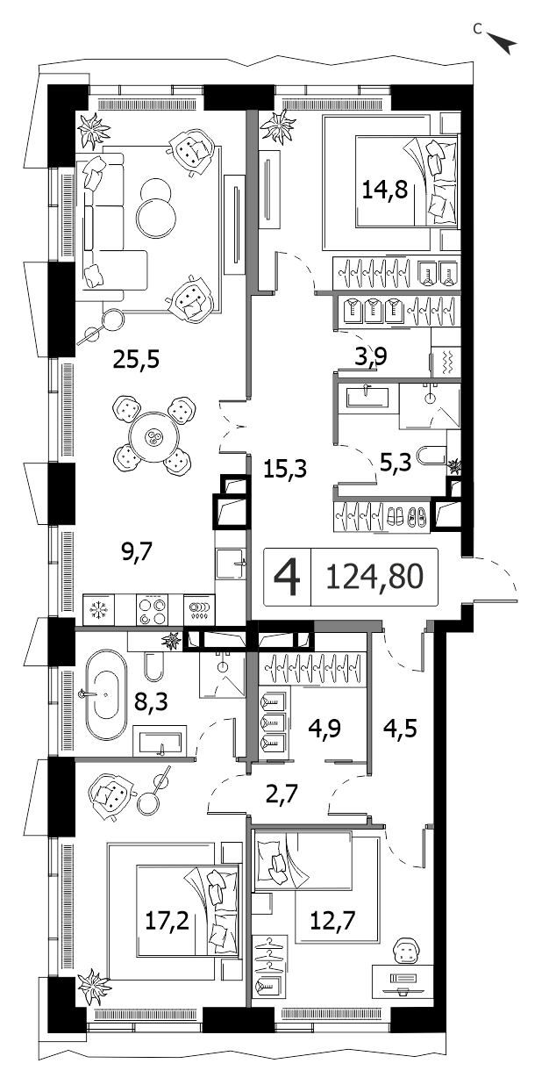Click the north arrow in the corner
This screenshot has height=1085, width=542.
tap(503, 43)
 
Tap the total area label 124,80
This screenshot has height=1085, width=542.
tap(375, 577)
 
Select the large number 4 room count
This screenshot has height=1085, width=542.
tap(288, 578)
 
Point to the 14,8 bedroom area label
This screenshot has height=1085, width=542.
tap(385, 190)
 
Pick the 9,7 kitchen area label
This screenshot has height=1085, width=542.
tap(137, 551)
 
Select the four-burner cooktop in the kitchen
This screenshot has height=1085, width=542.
tap(153, 610)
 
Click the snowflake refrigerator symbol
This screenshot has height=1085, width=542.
tap(99, 609)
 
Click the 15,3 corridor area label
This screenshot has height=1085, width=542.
tap(285, 469)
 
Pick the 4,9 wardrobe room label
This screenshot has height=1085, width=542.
tap(325, 727)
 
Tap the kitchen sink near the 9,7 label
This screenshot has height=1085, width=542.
tap(230, 564)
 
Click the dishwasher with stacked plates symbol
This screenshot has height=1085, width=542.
tap(198, 609)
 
